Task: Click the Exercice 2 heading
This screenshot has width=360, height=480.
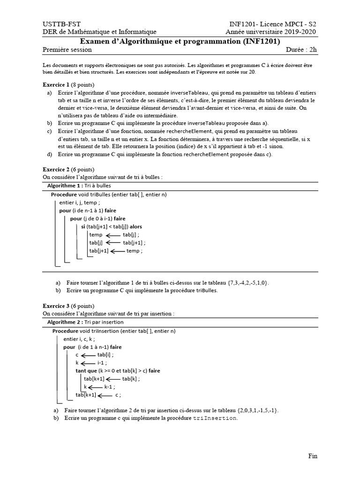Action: click(68, 169)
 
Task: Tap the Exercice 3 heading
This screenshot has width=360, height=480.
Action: click(68, 306)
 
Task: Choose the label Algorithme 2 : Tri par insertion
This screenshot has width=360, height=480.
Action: click(85, 322)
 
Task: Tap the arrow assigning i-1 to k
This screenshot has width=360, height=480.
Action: click(89, 363)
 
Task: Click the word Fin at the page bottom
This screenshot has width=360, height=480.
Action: click(313, 455)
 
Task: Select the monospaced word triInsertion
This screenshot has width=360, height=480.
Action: click(215, 418)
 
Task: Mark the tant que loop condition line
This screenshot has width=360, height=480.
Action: click(118, 370)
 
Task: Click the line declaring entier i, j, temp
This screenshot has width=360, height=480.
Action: click(80, 202)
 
